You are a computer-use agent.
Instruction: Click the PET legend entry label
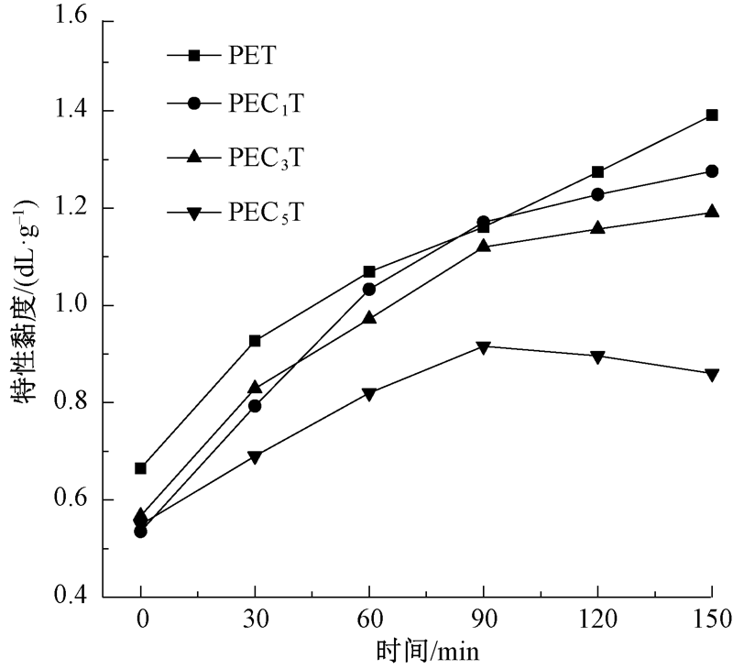coord(252,56)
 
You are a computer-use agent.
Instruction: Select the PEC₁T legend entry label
coord(266,104)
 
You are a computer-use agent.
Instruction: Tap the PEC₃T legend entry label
coord(266,158)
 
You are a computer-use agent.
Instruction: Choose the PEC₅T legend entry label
coord(266,214)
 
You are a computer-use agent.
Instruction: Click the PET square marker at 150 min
coord(712,115)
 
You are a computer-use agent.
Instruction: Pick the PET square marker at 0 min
coord(140,468)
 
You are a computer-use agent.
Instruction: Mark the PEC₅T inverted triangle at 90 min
coord(483,346)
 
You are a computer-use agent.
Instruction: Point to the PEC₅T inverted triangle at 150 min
coord(712,375)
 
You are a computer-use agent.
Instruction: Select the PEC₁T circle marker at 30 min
coord(255,406)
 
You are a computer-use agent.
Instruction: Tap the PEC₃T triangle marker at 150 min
coord(712,212)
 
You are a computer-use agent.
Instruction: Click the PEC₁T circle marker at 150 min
coord(712,171)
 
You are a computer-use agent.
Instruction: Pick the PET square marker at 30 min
coord(255,341)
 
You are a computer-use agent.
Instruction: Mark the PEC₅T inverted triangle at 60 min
coord(369,394)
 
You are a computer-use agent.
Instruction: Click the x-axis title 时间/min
coord(427,652)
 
